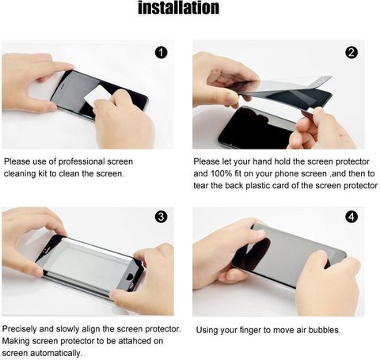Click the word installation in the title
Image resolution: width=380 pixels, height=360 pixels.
[x=179, y=8]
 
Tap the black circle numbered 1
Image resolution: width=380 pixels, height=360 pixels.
[x=161, y=53]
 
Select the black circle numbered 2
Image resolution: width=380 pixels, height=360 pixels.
[x=351, y=53]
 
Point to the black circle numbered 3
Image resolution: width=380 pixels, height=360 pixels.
[x=161, y=217]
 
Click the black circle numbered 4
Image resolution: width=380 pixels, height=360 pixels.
[x=351, y=217]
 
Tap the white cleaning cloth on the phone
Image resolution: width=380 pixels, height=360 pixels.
[x=97, y=95]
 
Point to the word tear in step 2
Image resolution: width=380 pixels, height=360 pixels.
[x=200, y=186]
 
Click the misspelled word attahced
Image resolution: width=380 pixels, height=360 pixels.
[x=135, y=341]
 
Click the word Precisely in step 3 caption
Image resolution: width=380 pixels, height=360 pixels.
[x=20, y=329]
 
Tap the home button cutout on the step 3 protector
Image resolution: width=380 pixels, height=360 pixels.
[x=130, y=277]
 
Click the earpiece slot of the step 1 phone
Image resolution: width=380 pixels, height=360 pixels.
[x=63, y=87]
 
